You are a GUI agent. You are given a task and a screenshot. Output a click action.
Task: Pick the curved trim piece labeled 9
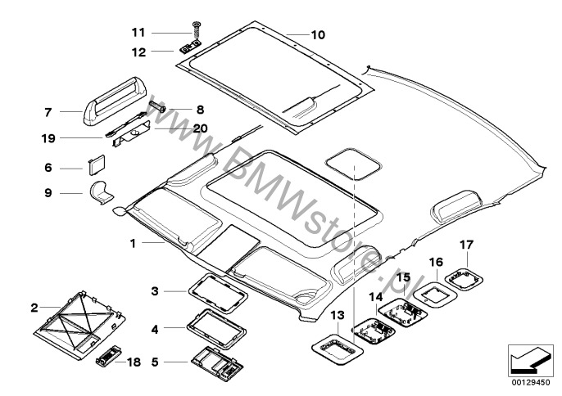(103, 193)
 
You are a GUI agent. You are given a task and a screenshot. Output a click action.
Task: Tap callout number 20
(201, 128)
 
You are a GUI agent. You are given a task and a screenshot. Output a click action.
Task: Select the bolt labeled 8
(159, 107)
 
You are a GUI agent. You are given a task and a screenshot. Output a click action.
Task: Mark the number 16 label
(436, 263)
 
